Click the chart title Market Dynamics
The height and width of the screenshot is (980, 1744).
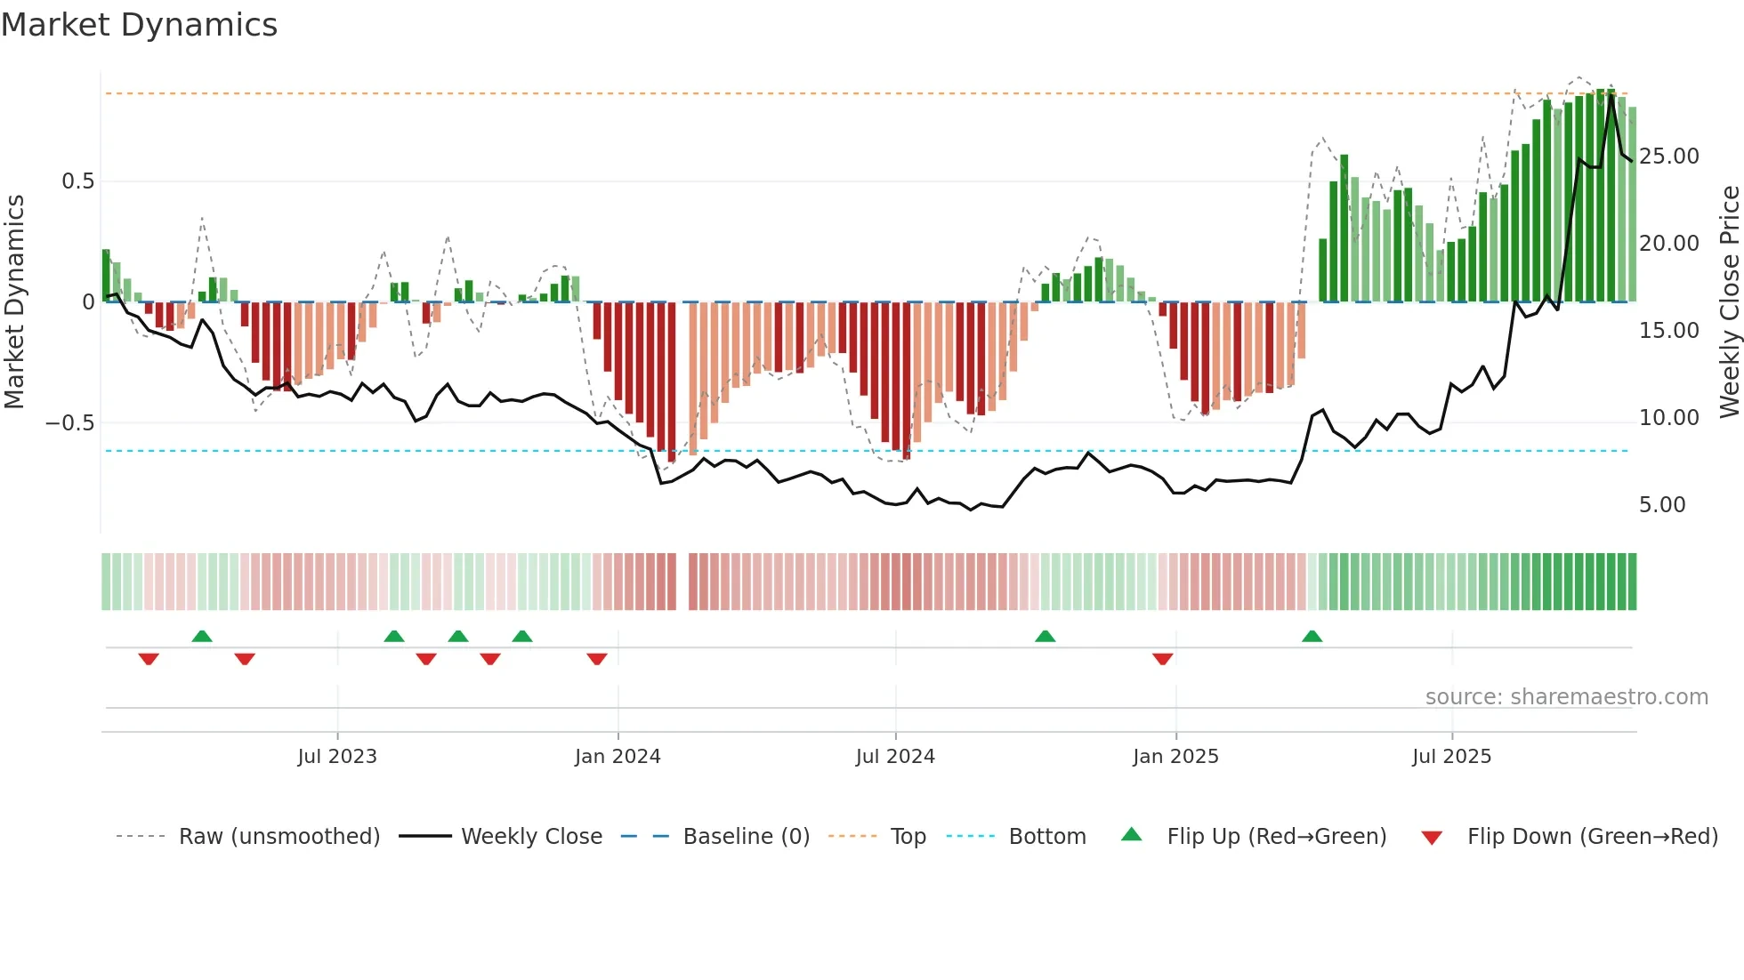click(x=139, y=25)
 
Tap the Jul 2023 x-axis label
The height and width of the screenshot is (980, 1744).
click(x=337, y=757)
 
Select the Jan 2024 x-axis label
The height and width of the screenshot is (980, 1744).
click(x=618, y=757)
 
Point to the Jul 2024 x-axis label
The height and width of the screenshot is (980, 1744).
click(x=895, y=757)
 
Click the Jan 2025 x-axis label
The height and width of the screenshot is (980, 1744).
click(x=1175, y=757)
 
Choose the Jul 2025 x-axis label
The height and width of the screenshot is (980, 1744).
click(x=1451, y=757)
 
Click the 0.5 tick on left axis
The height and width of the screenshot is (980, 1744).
click(x=77, y=181)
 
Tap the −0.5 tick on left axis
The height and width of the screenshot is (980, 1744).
click(x=70, y=422)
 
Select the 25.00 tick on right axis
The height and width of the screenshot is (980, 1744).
click(x=1668, y=157)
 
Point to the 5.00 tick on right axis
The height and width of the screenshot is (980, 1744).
click(x=1662, y=505)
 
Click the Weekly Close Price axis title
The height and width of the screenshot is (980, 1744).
click(x=1729, y=301)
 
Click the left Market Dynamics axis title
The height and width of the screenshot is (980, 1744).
click(x=14, y=301)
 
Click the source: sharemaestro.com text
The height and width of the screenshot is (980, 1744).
click(x=1566, y=697)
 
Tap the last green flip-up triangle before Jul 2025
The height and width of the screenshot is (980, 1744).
click(x=1312, y=636)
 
